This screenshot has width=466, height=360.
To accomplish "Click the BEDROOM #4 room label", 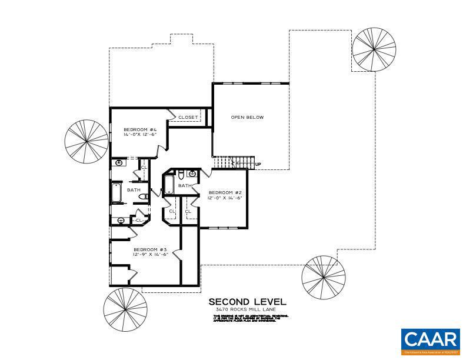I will click(139, 129).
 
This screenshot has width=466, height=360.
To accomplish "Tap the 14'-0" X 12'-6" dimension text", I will click(139, 135).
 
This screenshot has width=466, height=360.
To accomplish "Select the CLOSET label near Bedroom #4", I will click(188, 117).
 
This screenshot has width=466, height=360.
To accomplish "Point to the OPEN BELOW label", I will click(247, 117).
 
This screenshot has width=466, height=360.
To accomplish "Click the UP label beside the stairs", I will click(258, 164).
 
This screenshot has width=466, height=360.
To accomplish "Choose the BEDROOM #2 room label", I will click(225, 192).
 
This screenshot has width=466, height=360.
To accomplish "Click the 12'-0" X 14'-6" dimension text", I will click(225, 198).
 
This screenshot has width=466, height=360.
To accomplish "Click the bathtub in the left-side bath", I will click(116, 193).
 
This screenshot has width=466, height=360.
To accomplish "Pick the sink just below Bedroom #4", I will click(119, 163).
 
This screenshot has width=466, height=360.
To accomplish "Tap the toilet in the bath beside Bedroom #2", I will click(181, 174).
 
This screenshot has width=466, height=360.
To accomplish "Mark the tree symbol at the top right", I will click(374, 49).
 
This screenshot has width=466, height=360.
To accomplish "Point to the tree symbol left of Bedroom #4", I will click(86, 141).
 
